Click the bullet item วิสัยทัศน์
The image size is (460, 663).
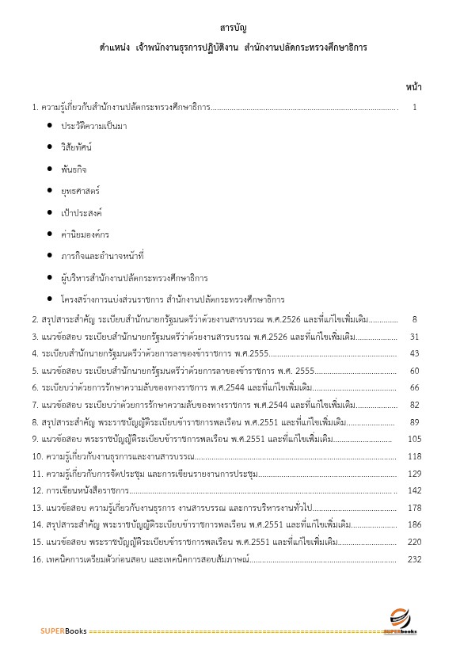tap(77, 148)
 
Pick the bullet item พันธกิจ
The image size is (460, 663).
tap(74, 170)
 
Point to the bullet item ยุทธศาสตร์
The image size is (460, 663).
tap(78, 191)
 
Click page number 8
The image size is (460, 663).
tap(415, 319)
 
